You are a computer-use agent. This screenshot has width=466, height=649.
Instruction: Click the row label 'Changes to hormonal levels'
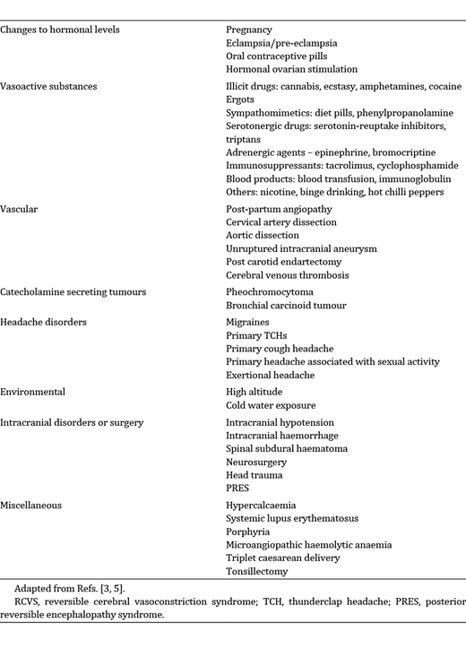click(60, 30)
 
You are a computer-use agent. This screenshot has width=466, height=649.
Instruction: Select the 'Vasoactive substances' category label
click(49, 87)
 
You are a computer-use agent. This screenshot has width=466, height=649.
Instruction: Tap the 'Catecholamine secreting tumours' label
click(73, 291)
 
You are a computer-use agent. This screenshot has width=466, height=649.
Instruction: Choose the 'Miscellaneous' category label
click(30, 505)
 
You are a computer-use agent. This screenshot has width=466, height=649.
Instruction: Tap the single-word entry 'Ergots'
click(241, 100)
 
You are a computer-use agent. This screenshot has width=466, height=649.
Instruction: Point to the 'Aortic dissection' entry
click(264, 235)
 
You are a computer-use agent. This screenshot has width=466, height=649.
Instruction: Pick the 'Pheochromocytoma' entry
click(272, 291)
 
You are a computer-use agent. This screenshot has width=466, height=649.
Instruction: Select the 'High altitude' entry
click(255, 392)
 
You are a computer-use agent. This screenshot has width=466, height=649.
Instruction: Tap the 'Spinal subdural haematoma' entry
click(287, 448)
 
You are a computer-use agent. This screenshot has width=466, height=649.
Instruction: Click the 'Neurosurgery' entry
click(258, 462)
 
